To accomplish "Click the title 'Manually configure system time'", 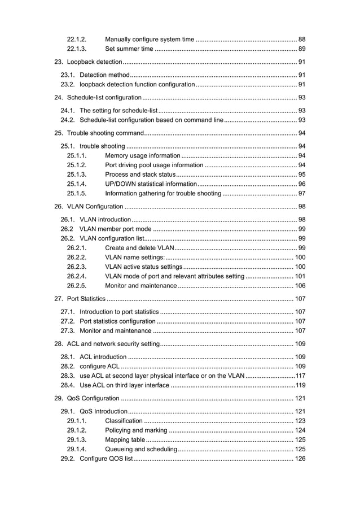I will coord(150,39).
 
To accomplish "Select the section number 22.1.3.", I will coord(76,49).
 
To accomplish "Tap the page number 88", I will coord(301,39).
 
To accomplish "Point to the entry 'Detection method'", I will coord(104,75).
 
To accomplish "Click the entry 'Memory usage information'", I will coord(143,155).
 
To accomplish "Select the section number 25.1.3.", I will coord(76,175).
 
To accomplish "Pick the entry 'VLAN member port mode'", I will coord(116,229).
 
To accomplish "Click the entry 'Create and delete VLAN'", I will coord(140,248).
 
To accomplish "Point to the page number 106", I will coord(300,286).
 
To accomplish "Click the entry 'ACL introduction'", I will coord(103,356).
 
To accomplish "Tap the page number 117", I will coord(300,376).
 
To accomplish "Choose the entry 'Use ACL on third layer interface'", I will coord(124,385).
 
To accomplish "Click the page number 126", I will coord(300,459).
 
